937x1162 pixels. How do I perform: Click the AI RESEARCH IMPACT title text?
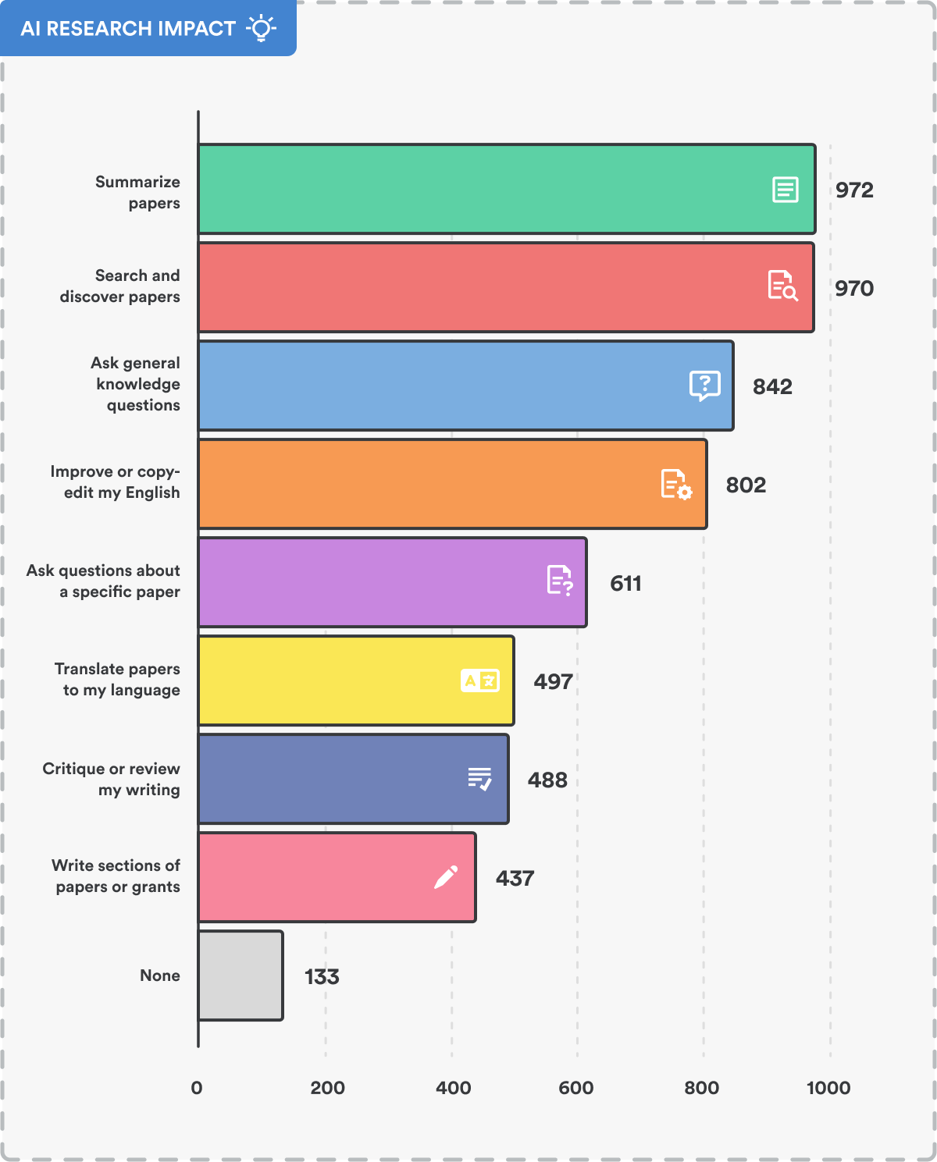128,29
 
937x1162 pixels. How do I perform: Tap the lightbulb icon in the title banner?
261,29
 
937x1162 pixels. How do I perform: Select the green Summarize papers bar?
484,189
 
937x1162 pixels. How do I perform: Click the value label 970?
853,288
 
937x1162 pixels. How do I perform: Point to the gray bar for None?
240,975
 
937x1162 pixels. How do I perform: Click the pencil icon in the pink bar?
445,877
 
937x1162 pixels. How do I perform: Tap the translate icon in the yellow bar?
479,680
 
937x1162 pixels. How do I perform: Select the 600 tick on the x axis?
576,1087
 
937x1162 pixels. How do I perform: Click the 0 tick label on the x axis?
197,1087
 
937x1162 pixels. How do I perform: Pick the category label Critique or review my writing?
111,779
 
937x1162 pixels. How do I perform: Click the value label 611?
625,583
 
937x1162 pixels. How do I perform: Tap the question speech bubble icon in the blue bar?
704,386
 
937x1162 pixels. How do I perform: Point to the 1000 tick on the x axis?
828,1087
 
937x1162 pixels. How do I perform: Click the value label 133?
322,976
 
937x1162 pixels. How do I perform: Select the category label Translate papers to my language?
117,679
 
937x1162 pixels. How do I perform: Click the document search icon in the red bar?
782,286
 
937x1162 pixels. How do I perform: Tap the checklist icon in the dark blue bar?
479,779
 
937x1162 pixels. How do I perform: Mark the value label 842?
772,386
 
